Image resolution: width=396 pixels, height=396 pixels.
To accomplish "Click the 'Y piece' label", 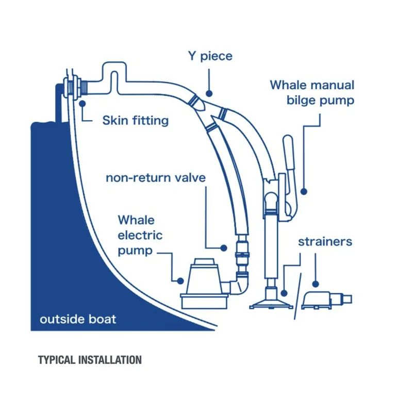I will pyautogui.click(x=209, y=55).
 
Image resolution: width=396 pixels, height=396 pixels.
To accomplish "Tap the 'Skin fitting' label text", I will pyautogui.click(x=135, y=121).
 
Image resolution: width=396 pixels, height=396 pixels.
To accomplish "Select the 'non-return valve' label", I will pyautogui.click(x=156, y=178).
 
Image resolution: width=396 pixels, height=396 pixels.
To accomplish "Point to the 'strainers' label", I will pyautogui.click(x=325, y=241).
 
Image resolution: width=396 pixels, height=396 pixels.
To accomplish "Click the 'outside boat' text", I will pyautogui.click(x=78, y=319).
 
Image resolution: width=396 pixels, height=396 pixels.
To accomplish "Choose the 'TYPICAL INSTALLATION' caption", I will pyautogui.click(x=90, y=359).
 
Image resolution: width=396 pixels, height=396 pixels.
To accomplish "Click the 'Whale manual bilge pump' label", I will pyautogui.click(x=312, y=92).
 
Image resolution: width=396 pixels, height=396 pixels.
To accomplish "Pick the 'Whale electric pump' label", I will pyautogui.click(x=140, y=235).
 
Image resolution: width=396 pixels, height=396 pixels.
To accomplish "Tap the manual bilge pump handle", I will pyautogui.click(x=288, y=155).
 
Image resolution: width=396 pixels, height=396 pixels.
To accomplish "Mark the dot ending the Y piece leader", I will pyautogui.click(x=209, y=93).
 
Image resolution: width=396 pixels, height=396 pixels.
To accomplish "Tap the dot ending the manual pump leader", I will pyautogui.click(x=304, y=191).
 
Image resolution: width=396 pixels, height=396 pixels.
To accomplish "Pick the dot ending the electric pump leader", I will pyautogui.click(x=180, y=281).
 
